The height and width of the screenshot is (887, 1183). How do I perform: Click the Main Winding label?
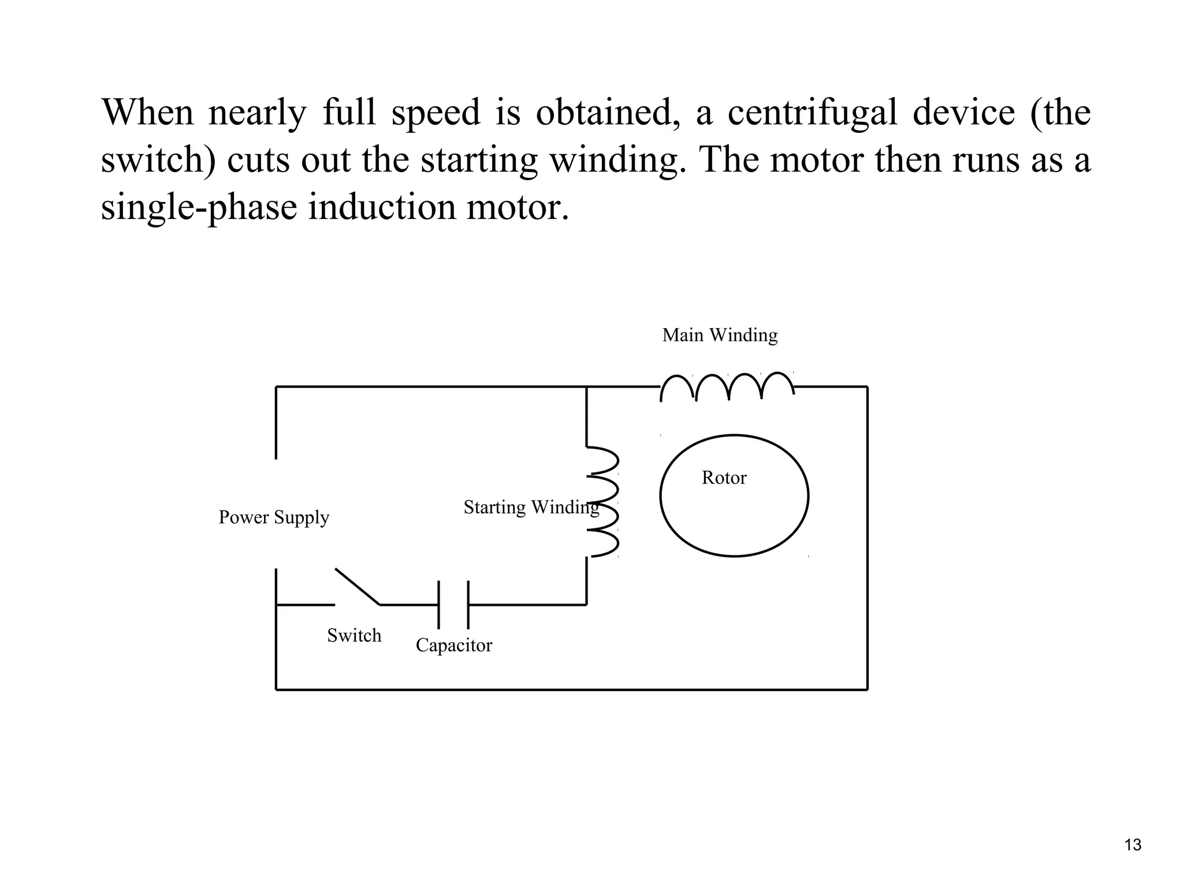coord(720,335)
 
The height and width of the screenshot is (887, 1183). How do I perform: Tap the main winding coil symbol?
coord(727,386)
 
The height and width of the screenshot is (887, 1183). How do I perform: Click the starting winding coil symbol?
coord(603,501)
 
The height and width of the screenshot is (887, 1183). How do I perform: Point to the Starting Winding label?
coord(531,507)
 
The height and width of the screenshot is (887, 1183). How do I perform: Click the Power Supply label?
coord(274,517)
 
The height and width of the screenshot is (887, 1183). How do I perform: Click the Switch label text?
coord(354,635)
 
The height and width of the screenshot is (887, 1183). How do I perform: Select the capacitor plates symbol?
coord(453,605)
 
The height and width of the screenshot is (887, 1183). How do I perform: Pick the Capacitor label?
coord(454,645)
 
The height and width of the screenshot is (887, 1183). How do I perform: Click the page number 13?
coord(1133,845)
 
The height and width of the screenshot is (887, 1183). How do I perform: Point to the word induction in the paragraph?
coord(381,207)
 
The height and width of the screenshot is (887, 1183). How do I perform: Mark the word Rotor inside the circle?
coord(724,478)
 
